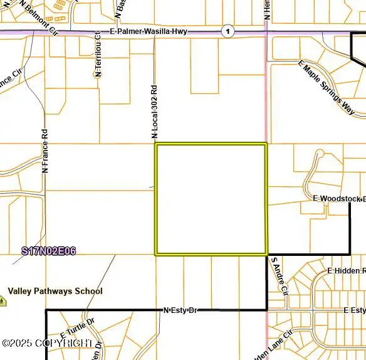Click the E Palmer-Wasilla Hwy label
(x=148, y=31)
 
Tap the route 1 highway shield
(x=228, y=31)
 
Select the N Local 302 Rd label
(x=154, y=111)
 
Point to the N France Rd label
(x=44, y=151)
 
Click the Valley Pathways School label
(x=55, y=291)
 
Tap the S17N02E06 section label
(x=49, y=251)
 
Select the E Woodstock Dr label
(x=339, y=198)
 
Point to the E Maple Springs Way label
(x=326, y=87)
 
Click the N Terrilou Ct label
(x=98, y=54)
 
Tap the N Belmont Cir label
(x=38, y=17)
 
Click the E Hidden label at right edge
(x=347, y=270)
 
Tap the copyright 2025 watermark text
(x=47, y=343)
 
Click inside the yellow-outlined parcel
(x=211, y=199)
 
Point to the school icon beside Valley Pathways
(x=3, y=300)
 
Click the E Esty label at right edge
(x=354, y=310)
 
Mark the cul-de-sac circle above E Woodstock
(x=319, y=153)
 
